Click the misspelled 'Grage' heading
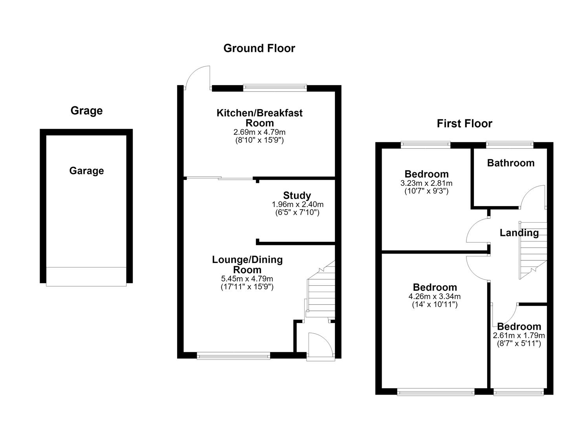pyautogui.click(x=86, y=111)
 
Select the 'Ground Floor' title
pyautogui.click(x=259, y=48)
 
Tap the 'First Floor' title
pyautogui.click(x=464, y=124)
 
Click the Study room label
pyautogui.click(x=297, y=196)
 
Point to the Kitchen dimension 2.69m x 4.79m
pyautogui.click(x=260, y=132)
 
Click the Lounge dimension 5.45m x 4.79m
pyautogui.click(x=247, y=279)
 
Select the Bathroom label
pyautogui.click(x=511, y=163)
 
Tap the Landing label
pyautogui.click(x=519, y=233)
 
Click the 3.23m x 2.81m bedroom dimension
pyautogui.click(x=426, y=183)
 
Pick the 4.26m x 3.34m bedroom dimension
pyautogui.click(x=435, y=296)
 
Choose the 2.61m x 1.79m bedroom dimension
pyautogui.click(x=519, y=335)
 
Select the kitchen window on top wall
pyautogui.click(x=275, y=88)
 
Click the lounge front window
pyautogui.click(x=234, y=356)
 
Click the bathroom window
pyautogui.click(x=510, y=145)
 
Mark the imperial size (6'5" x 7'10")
pyautogui.click(x=297, y=213)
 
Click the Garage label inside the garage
pyautogui.click(x=86, y=171)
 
